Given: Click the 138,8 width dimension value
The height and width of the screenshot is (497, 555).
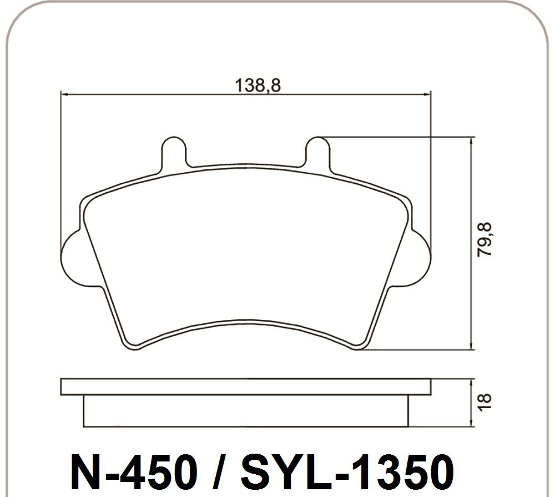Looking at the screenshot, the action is tap(258, 86).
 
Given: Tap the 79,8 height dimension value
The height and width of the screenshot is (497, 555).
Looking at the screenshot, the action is tap(484, 240).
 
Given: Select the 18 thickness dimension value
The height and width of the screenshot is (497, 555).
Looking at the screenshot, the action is tap(484, 402).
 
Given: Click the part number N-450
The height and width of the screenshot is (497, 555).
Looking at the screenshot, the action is tap(134, 472).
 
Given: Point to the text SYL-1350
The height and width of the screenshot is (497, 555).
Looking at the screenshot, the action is tap(347, 472).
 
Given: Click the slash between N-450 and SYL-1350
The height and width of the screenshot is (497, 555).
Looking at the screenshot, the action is tap(219, 472).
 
